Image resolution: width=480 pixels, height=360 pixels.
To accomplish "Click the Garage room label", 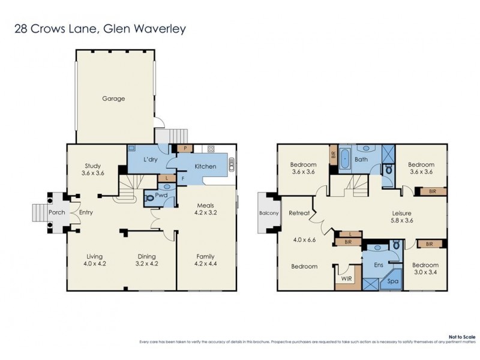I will point(113,98).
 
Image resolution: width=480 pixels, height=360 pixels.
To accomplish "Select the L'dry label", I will point(150,159).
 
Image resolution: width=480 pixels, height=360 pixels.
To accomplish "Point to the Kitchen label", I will point(204,166).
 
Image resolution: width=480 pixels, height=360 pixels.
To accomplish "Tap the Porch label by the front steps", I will point(56,212).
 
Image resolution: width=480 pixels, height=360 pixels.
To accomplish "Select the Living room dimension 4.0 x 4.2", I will point(95,263).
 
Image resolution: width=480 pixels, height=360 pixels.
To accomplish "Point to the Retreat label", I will point(298,213).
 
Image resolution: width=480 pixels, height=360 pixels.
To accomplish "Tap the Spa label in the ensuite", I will point(394,280).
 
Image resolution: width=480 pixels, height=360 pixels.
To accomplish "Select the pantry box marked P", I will point(185,148).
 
